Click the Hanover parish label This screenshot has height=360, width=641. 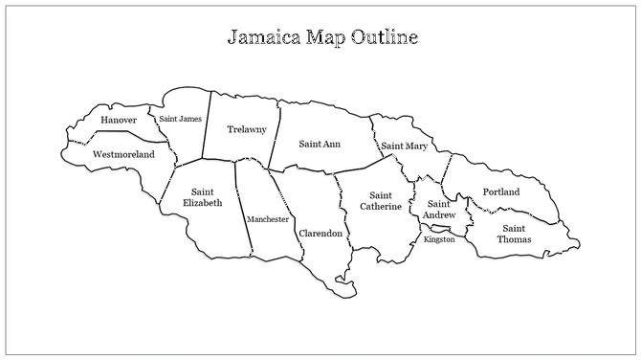118,120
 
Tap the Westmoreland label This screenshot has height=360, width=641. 123,154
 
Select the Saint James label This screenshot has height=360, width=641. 180,119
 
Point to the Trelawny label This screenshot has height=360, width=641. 246,129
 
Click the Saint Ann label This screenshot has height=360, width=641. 320,145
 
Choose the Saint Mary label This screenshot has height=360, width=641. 404,146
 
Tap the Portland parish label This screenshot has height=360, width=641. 500,192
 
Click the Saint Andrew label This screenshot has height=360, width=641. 439,209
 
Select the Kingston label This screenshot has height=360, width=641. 439,239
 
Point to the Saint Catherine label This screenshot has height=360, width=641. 380,200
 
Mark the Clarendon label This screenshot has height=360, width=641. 320,234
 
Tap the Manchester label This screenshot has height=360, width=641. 268,219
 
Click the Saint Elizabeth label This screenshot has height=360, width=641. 202,196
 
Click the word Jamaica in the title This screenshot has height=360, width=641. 264,38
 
